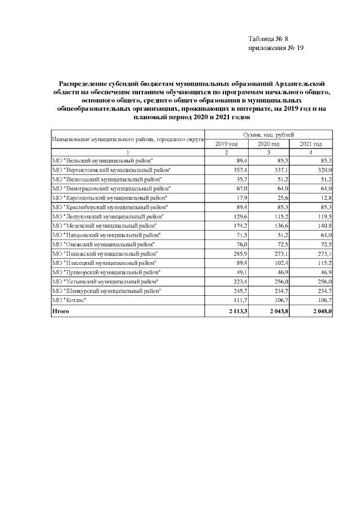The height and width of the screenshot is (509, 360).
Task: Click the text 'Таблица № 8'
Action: coord(268,39)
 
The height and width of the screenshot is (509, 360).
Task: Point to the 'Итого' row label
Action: coord(60,310)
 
